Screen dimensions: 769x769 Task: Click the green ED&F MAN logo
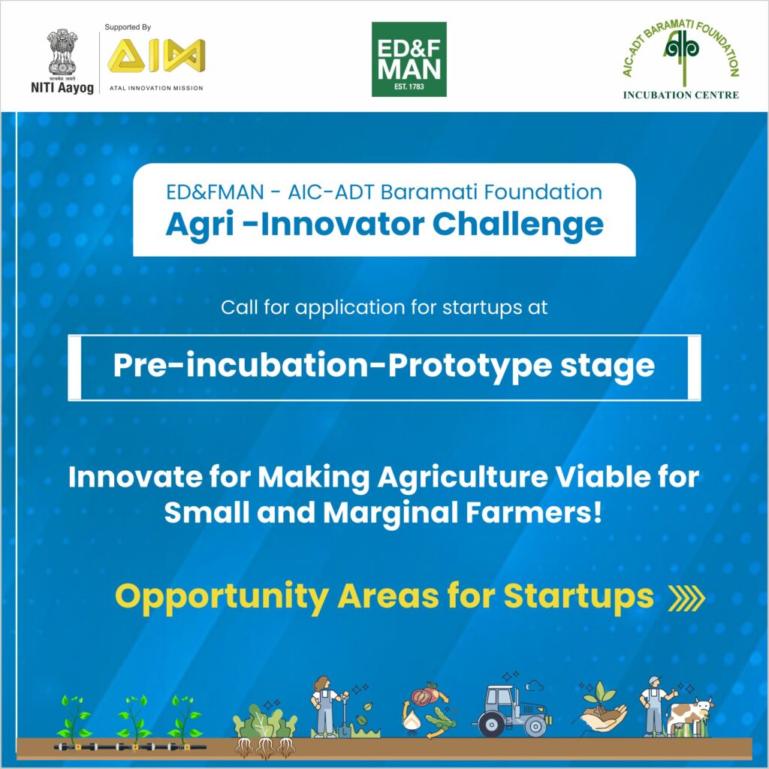(409, 59)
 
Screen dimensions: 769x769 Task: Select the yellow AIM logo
(156, 56)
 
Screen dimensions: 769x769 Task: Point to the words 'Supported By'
(128, 28)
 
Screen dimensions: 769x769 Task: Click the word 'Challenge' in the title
(518, 225)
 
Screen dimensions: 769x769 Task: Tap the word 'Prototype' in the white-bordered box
(470, 366)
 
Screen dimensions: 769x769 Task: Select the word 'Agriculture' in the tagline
(463, 477)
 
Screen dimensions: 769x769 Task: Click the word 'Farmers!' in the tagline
(534, 512)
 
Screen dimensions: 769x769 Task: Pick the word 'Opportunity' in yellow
(222, 597)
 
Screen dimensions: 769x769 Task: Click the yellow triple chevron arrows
(686, 598)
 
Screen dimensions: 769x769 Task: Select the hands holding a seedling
(603, 706)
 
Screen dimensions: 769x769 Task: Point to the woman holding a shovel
(327, 706)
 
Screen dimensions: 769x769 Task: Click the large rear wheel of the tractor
(490, 724)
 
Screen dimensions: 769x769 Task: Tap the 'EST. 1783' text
(409, 87)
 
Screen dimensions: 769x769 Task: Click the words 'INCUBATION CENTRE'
(680, 95)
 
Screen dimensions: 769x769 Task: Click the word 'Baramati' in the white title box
(429, 191)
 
